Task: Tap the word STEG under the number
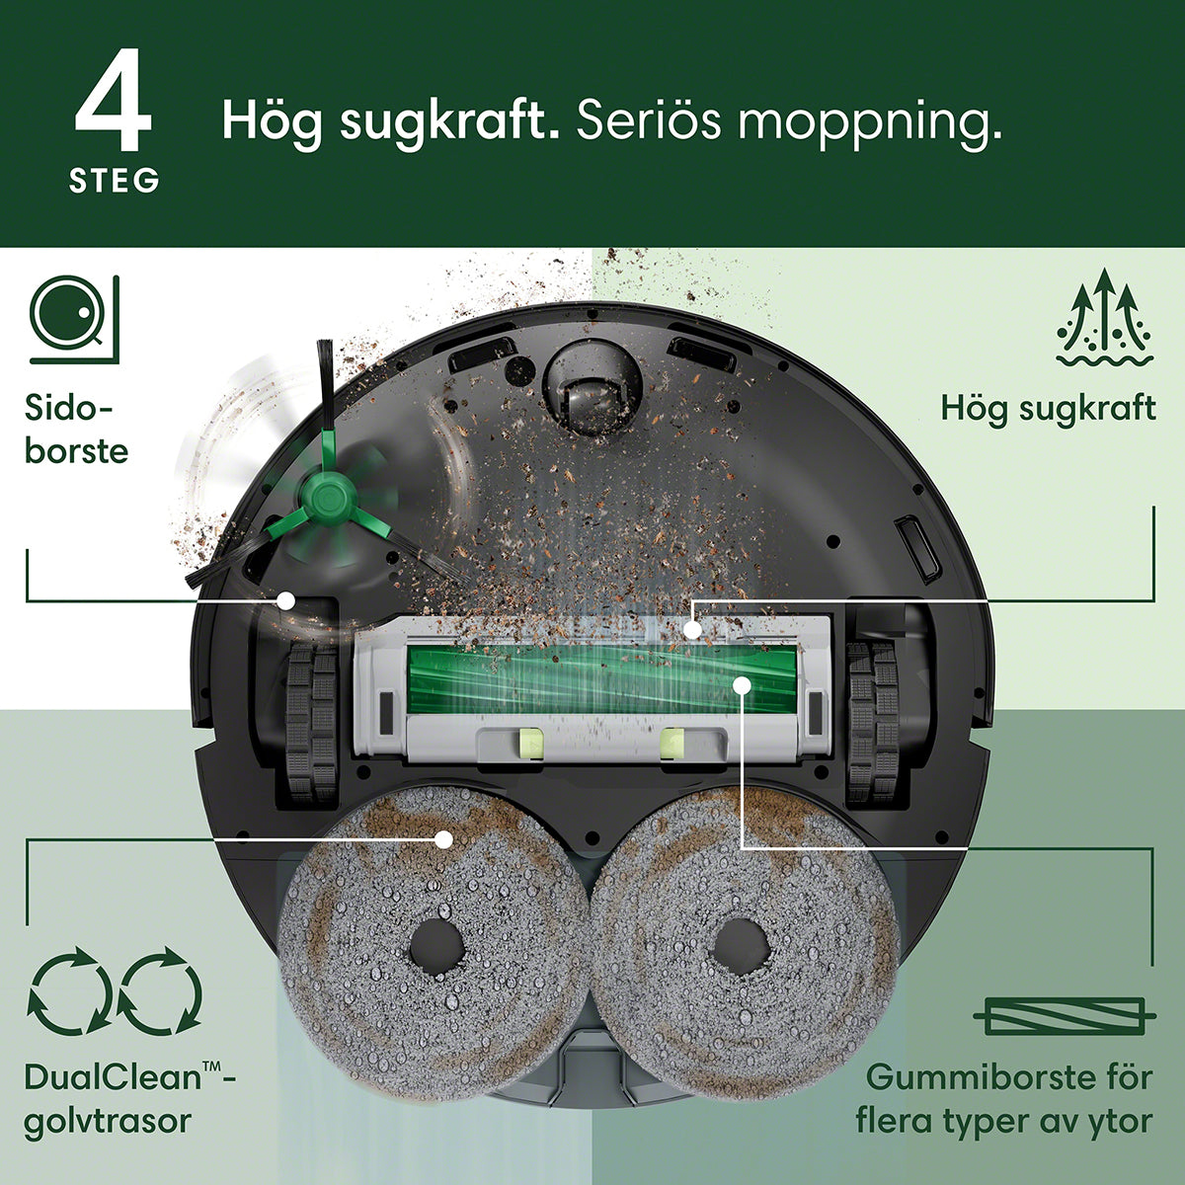tap(115, 181)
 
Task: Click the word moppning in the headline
tap(870, 120)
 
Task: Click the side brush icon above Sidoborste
tap(74, 319)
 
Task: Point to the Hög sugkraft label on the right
tap(1049, 410)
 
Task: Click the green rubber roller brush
tap(602, 679)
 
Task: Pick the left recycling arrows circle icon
tap(69, 991)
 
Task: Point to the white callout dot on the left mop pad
tap(443, 837)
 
